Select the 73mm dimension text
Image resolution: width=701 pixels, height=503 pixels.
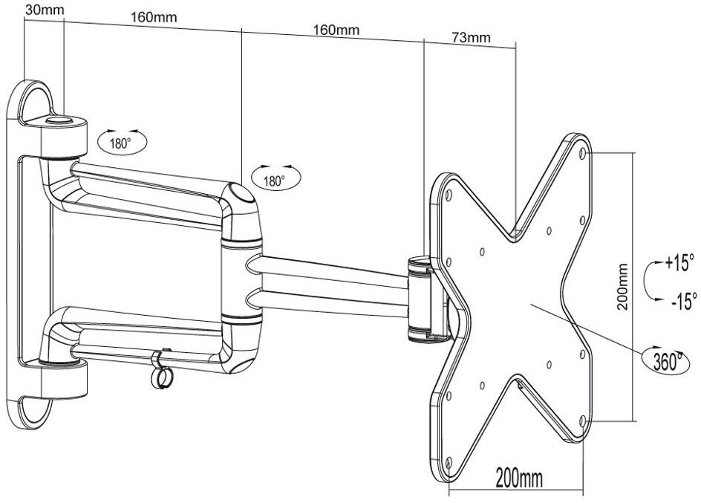[471, 38]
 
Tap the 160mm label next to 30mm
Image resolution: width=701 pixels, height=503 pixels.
[154, 17]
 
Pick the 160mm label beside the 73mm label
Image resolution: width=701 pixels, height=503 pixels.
[336, 30]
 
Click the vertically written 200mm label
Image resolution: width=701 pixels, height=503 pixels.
[622, 287]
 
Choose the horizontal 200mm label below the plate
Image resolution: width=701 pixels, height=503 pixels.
[519, 479]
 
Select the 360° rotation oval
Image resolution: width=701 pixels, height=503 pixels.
[665, 359]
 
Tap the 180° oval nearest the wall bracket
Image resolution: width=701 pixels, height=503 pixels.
[122, 142]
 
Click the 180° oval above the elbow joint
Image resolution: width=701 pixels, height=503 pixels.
[276, 179]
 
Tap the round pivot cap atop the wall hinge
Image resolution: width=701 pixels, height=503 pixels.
[59, 120]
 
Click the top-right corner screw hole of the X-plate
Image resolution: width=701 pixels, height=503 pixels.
[582, 153]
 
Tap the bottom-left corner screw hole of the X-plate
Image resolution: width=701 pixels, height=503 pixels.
[449, 461]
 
